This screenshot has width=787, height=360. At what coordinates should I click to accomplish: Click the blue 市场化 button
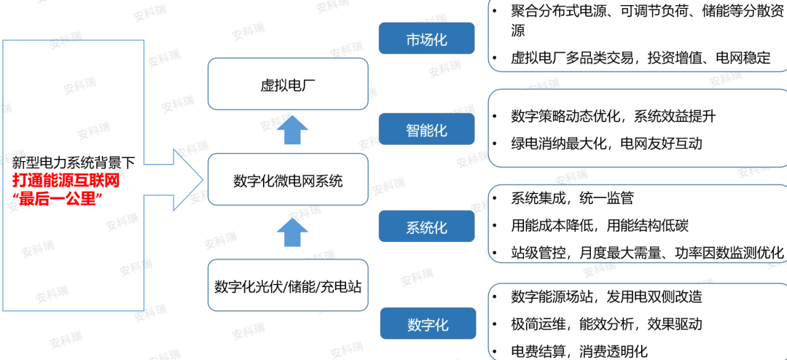point(426,38)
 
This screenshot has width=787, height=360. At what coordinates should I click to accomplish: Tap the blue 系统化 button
point(426,226)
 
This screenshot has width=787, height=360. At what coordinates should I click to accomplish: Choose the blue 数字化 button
point(426,323)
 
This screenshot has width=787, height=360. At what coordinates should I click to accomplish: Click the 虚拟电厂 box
point(288,84)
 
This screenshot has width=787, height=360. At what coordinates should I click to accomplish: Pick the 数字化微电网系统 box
point(288,180)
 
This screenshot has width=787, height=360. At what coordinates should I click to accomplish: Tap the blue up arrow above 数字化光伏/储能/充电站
point(293,232)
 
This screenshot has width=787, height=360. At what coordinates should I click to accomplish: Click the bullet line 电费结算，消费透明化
point(579,350)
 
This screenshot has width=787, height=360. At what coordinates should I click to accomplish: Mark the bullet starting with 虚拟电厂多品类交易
point(641,58)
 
